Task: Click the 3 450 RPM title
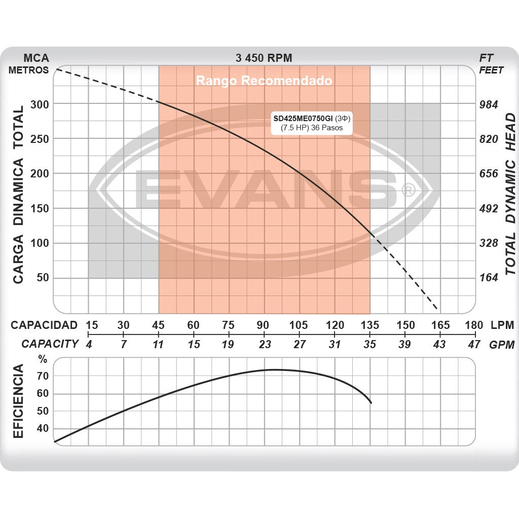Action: (264, 58)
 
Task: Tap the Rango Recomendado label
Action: (264, 81)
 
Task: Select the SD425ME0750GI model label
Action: (303, 118)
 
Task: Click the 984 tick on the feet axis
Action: (489, 104)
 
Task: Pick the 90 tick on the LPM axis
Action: (263, 325)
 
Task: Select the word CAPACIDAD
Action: (44, 325)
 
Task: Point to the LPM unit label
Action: (502, 325)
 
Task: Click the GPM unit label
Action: (502, 345)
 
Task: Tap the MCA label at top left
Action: (36, 58)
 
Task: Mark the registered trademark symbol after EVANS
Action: (408, 190)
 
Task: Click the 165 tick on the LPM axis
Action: (440, 325)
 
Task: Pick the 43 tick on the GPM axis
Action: (439, 345)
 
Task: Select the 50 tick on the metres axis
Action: (43, 278)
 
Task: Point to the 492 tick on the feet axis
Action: (489, 208)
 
